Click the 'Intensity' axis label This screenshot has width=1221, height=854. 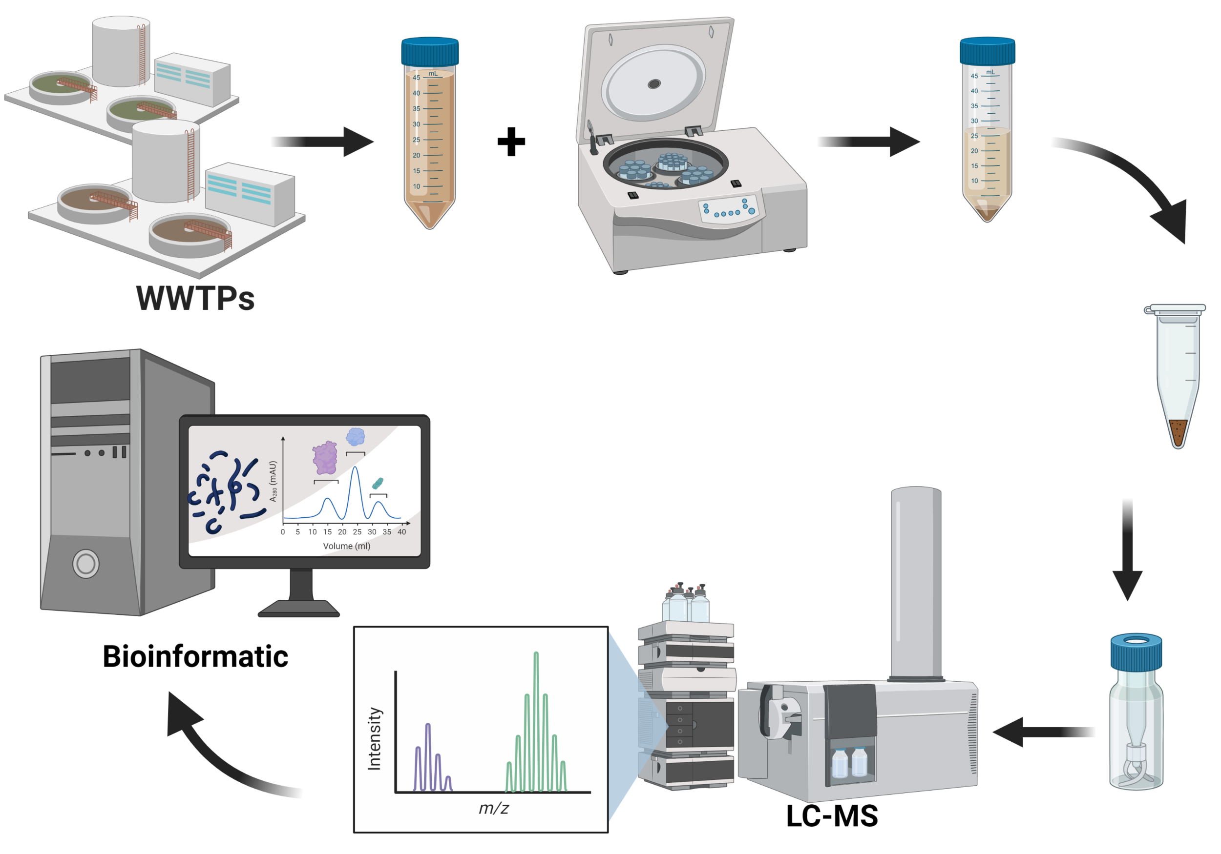(x=375, y=739)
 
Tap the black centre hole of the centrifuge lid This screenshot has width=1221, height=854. (x=654, y=83)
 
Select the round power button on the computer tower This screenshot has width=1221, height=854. (x=85, y=563)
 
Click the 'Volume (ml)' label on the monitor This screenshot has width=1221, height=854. (x=347, y=546)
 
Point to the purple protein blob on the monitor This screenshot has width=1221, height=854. (x=325, y=458)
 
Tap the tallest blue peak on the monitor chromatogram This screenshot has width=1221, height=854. (x=355, y=470)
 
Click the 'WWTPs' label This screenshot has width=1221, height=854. (x=196, y=298)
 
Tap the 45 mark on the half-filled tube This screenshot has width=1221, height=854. (x=974, y=76)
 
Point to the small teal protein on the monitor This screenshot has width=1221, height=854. (x=377, y=483)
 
